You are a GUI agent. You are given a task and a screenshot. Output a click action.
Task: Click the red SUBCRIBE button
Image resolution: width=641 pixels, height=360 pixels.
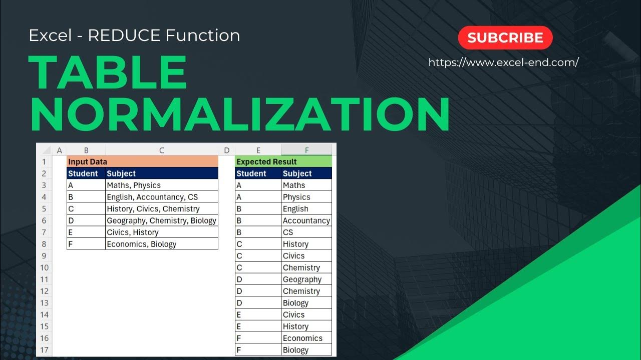[x=505, y=38]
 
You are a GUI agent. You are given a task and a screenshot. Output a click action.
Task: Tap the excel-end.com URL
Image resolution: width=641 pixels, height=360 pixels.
[x=503, y=62]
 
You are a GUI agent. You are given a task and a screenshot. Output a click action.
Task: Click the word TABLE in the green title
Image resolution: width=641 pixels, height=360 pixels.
[x=108, y=72]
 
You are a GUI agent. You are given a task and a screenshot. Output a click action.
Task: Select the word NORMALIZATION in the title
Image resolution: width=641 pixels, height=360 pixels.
[x=239, y=115]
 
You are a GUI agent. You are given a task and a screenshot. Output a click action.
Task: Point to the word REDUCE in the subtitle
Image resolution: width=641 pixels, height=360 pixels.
[x=124, y=35]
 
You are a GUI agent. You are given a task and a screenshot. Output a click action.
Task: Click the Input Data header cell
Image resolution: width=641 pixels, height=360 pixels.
[x=142, y=161]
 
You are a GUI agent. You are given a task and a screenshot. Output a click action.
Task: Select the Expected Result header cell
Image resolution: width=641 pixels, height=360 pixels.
[x=283, y=161]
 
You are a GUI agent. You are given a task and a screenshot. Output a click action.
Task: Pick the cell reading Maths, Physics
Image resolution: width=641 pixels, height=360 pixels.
[x=161, y=185]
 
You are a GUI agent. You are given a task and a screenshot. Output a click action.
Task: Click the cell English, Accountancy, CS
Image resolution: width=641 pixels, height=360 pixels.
[x=161, y=197]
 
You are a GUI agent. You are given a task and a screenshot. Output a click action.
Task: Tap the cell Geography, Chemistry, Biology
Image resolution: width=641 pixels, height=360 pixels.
[x=161, y=220]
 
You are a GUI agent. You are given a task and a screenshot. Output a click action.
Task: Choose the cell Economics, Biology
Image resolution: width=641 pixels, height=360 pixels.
[x=161, y=244]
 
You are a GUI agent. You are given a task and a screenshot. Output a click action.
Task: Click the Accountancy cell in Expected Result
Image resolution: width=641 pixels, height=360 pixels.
[x=306, y=220]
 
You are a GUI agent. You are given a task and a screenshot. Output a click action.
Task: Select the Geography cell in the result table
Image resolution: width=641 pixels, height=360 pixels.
[x=306, y=279]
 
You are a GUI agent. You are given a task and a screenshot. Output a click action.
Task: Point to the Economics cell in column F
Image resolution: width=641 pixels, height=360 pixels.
[x=306, y=338]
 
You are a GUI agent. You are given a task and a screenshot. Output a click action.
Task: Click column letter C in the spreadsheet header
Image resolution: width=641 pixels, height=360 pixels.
[x=161, y=150]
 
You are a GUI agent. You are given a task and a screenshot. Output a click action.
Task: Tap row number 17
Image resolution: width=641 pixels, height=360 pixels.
[x=45, y=350]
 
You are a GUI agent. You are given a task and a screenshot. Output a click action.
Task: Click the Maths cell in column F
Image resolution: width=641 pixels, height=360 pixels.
[x=306, y=185]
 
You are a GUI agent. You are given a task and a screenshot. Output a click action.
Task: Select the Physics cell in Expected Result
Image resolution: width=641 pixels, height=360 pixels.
[x=306, y=197]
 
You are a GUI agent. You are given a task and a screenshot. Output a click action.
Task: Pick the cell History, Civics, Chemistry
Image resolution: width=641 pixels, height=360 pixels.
[x=161, y=208]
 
